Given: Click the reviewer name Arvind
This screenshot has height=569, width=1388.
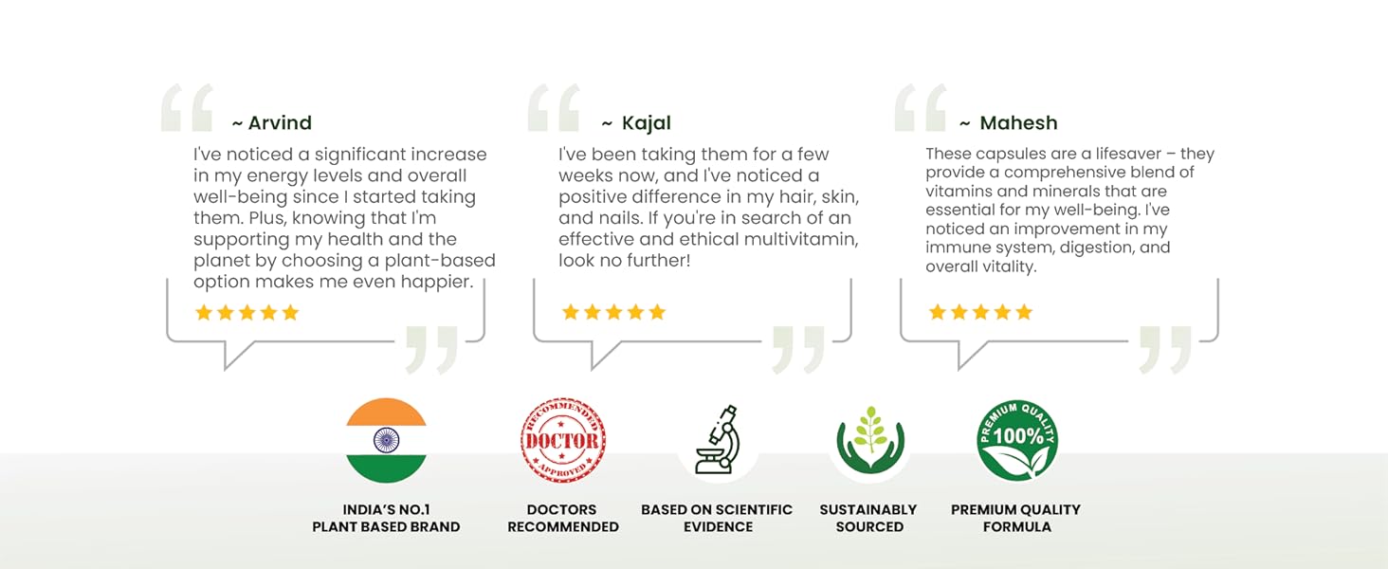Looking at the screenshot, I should [280, 123].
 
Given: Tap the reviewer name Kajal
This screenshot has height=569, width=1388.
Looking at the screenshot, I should [646, 123].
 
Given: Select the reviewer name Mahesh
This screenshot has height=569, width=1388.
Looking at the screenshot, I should [1018, 123].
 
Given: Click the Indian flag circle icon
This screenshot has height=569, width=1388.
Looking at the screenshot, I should [386, 440].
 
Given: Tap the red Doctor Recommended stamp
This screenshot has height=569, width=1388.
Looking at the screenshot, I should [563, 440].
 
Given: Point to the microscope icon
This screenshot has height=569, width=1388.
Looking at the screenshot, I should [718, 440].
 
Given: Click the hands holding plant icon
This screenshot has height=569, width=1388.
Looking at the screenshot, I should [869, 440].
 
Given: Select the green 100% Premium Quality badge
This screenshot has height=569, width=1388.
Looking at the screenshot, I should [1017, 440].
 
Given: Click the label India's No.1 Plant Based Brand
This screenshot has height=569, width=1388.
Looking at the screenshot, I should [386, 518].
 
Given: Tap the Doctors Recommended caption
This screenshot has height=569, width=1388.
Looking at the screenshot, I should [563, 518].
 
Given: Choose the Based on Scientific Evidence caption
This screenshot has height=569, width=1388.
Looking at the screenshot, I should [717, 518].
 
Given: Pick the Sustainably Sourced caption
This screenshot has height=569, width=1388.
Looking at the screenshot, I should [868, 518].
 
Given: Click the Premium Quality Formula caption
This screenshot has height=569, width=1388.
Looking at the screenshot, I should [1016, 518].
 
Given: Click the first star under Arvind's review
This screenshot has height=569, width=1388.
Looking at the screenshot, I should [203, 313].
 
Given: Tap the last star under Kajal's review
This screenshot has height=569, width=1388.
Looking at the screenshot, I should [657, 312].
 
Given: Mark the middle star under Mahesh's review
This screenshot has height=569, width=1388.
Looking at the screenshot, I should [980, 312].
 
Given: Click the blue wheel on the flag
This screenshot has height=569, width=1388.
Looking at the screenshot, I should [386, 439].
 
